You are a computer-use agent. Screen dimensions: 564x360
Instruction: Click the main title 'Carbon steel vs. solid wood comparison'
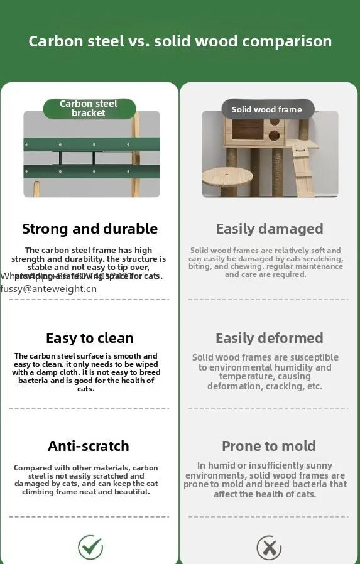[180, 41]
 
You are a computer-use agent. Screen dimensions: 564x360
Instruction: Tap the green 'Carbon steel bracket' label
[89, 109]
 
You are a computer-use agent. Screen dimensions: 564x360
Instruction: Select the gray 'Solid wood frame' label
[267, 109]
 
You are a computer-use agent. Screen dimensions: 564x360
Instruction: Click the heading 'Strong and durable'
[90, 229]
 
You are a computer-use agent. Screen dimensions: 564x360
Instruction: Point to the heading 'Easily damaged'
[270, 229]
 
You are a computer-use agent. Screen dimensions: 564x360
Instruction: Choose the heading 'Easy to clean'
[90, 338]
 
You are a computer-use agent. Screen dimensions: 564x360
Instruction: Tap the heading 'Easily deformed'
[270, 338]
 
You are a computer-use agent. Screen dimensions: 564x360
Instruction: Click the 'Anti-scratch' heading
[89, 446]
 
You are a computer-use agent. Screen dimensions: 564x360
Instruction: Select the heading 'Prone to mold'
[269, 446]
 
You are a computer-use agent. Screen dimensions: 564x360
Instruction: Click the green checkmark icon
[90, 547]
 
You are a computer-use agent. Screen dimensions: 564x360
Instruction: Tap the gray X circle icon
[269, 548]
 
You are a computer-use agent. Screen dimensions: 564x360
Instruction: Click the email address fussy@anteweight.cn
[48, 289]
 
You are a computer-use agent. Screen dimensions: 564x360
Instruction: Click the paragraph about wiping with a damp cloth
[86, 372]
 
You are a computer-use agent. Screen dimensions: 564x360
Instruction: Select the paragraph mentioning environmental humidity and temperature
[265, 372]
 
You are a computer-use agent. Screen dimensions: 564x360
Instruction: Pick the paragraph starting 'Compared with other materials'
[86, 480]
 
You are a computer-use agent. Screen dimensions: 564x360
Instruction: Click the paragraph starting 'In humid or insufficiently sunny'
[265, 480]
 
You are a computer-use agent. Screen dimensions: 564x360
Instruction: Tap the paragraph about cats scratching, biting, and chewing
[266, 263]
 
